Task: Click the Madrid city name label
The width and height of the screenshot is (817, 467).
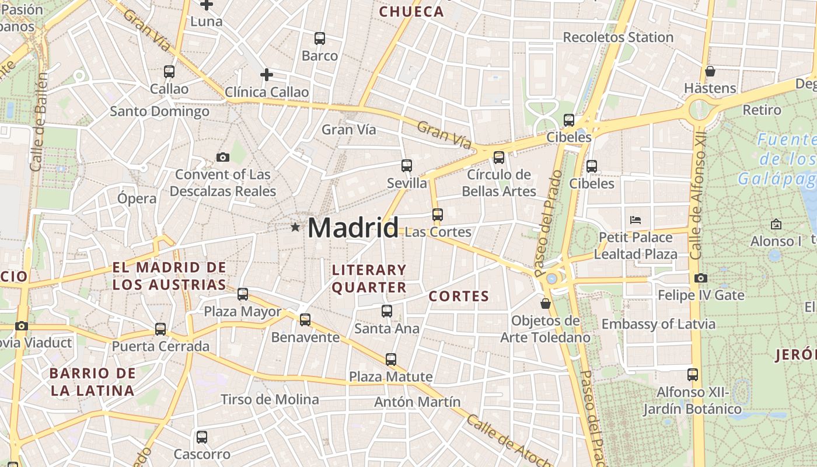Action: (x=353, y=227)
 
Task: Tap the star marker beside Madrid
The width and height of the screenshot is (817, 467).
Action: (x=295, y=227)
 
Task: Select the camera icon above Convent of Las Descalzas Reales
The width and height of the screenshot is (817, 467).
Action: (x=222, y=157)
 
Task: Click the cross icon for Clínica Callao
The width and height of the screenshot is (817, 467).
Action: (x=266, y=75)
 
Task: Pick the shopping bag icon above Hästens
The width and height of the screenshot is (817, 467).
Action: (x=710, y=71)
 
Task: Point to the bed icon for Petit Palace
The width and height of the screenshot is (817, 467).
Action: (x=636, y=220)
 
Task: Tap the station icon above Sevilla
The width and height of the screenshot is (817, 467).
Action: (x=407, y=166)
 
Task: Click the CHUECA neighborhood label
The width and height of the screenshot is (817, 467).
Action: (x=411, y=12)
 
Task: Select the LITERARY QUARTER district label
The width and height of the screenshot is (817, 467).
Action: (x=369, y=278)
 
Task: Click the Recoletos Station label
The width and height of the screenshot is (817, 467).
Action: (x=618, y=37)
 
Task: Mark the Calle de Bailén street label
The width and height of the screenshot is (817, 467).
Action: (x=39, y=123)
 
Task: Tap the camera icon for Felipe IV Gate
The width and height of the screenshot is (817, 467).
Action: (x=701, y=278)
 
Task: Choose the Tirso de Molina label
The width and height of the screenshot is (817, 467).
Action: (x=270, y=400)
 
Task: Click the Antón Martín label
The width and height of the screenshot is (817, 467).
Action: (x=417, y=402)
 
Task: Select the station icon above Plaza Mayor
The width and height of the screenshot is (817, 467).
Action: (x=243, y=294)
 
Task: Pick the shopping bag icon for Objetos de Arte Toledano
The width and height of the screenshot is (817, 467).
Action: (x=545, y=304)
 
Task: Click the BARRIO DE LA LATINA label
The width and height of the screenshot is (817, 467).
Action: (x=92, y=382)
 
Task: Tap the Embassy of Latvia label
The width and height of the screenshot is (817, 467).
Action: (x=658, y=324)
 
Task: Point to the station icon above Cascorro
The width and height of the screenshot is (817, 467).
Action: (x=202, y=437)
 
